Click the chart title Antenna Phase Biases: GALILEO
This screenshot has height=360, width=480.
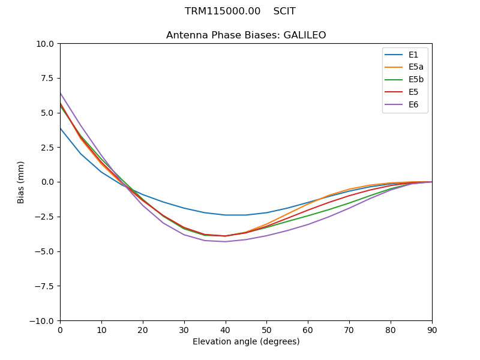(246, 35)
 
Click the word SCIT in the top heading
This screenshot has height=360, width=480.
(284, 11)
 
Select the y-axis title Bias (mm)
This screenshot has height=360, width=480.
(21, 182)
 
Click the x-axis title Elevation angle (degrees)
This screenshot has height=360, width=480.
(246, 342)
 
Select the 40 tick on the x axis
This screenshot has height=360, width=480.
(226, 330)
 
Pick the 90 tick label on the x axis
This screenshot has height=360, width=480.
(432, 330)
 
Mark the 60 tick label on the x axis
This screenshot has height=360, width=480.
(308, 330)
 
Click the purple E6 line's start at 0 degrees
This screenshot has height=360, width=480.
(61, 93)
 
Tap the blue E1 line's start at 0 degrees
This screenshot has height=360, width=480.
(61, 128)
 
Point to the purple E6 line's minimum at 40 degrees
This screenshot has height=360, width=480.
(226, 242)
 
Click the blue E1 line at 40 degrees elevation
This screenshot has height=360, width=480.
(226, 215)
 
